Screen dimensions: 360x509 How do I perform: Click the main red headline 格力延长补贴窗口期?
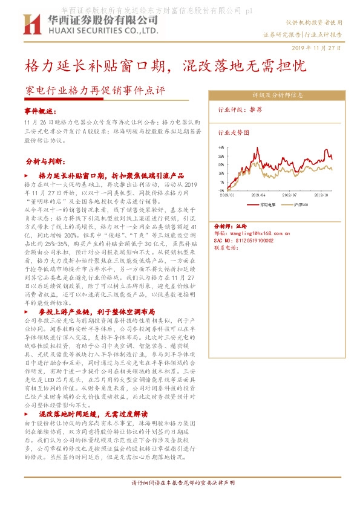pyautogui.click(x=97, y=65)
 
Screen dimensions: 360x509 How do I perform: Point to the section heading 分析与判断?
pyautogui.click(x=45, y=162)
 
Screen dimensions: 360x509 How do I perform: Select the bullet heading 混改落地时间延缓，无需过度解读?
pyautogui.click(x=93, y=414)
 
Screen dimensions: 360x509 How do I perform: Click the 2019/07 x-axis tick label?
pyautogui.click(x=289, y=195)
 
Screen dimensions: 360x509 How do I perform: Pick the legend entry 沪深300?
pyautogui.click(x=300, y=204)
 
